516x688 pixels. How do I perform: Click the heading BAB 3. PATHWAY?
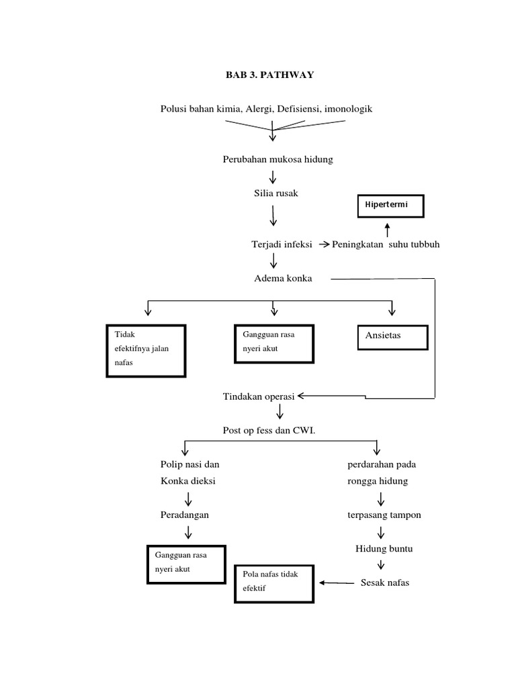pyautogui.click(x=269, y=75)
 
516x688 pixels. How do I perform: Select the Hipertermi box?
pyautogui.click(x=390, y=204)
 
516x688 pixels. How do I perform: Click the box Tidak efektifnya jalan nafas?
pyautogui.click(x=146, y=351)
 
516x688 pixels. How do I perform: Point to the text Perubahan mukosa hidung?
pyautogui.click(x=277, y=159)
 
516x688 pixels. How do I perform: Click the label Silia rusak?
pyautogui.click(x=273, y=193)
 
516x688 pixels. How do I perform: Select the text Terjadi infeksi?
pyautogui.click(x=281, y=245)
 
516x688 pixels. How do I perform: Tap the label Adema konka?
pyautogui.click(x=283, y=278)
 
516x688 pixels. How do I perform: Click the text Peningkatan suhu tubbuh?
pyautogui.click(x=386, y=245)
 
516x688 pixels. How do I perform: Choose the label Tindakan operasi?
pyautogui.click(x=259, y=396)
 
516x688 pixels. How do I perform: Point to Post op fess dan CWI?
pyautogui.click(x=269, y=430)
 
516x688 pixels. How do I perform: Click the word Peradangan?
pyautogui.click(x=184, y=515)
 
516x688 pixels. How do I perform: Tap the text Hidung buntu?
pyautogui.click(x=384, y=549)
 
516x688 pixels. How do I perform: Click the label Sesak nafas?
pyautogui.click(x=384, y=583)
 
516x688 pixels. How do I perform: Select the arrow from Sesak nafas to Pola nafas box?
pyautogui.click(x=337, y=583)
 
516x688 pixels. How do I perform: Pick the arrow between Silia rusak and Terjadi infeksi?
pyautogui.click(x=273, y=216)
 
